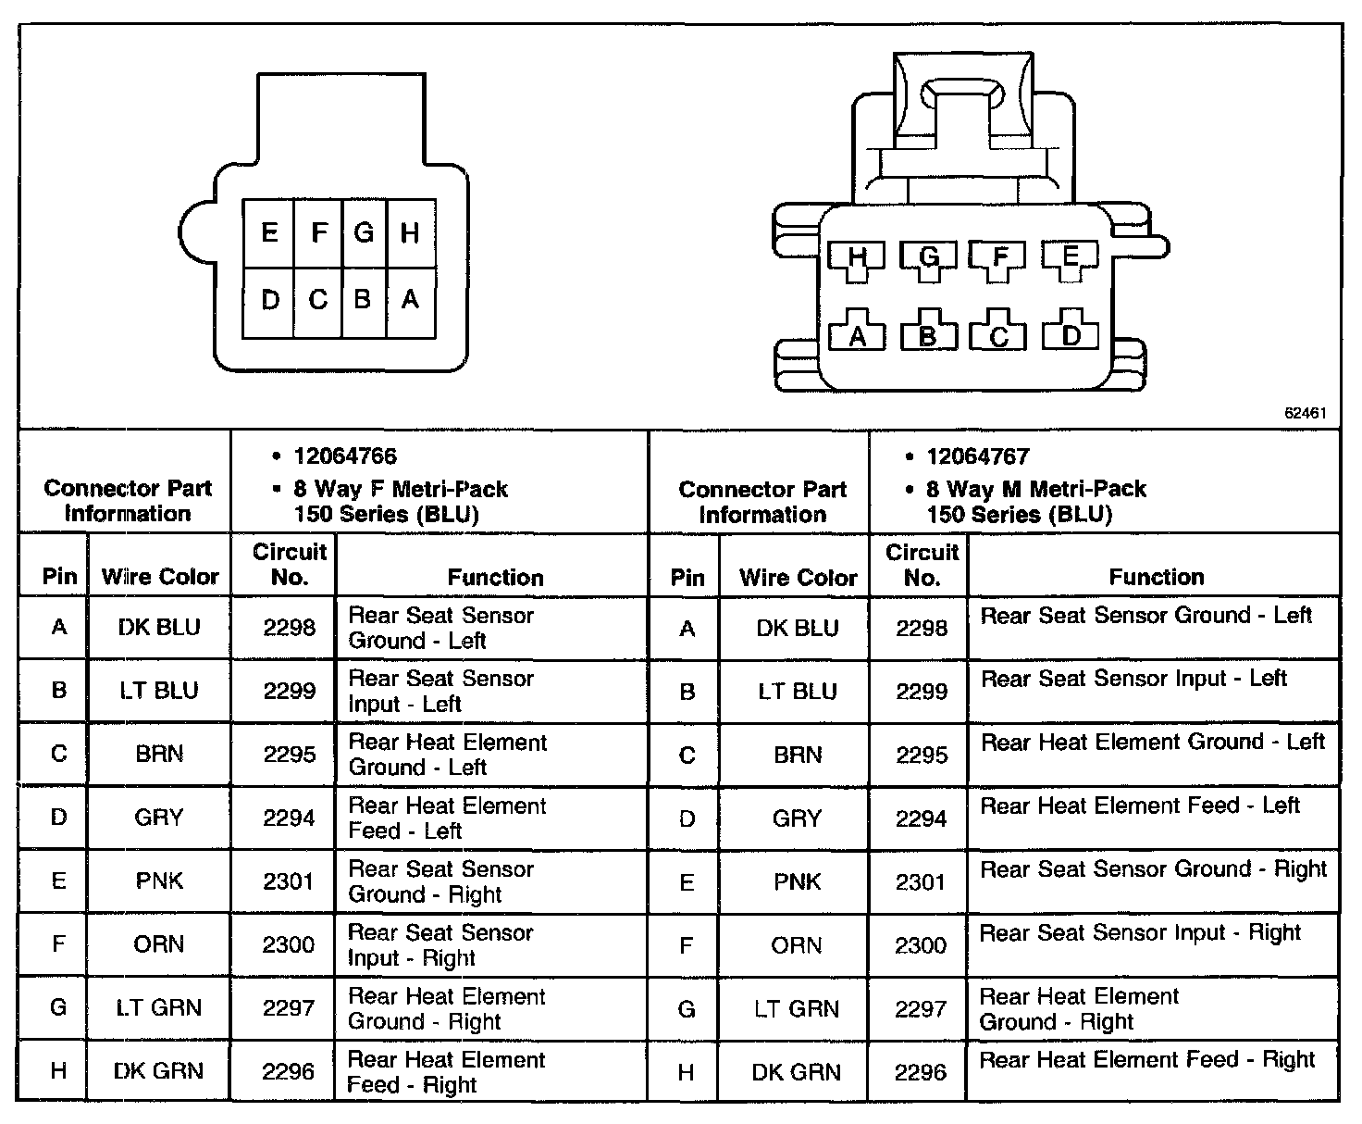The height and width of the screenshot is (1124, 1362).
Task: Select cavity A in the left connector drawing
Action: coord(410,300)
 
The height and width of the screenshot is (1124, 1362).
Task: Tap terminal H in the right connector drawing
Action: coord(858,257)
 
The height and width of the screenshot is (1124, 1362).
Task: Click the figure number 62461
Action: coord(1305,413)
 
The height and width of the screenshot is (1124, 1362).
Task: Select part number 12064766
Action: coord(345,456)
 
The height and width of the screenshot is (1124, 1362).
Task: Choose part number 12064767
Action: coord(978,456)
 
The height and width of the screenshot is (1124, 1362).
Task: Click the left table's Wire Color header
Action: coord(160,577)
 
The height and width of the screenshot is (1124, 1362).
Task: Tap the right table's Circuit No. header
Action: coord(922,565)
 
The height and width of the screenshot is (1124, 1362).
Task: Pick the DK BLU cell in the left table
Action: coord(159,628)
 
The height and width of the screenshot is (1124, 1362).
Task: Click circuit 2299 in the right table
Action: coord(922,692)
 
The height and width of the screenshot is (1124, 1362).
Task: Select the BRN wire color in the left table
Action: coord(159,755)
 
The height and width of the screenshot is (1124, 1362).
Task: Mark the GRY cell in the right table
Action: coord(797,818)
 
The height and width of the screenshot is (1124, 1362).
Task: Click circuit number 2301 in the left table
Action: coord(289,881)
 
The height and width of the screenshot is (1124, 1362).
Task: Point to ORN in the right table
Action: coord(797,945)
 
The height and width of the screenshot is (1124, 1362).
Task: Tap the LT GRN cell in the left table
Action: coord(159,1008)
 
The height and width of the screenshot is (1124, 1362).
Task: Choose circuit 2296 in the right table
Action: coord(922,1072)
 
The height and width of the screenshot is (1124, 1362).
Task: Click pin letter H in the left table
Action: coord(58,1071)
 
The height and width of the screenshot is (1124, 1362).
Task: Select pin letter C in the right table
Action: coord(687,756)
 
